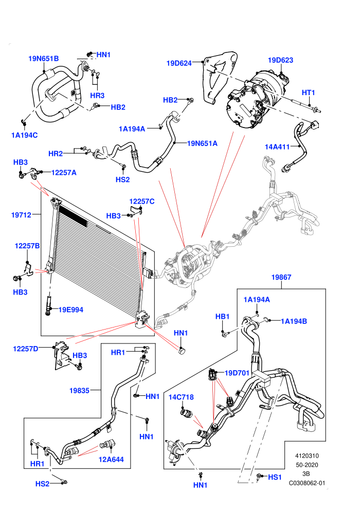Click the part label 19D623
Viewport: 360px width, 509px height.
pos(280,60)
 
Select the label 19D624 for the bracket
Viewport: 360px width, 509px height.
pos(179,63)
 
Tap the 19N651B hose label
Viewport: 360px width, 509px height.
pos(44,59)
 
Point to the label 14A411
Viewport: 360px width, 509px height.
pos(277,147)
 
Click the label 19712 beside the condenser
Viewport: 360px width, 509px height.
pos(22,214)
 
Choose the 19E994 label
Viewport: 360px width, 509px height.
pos(71,310)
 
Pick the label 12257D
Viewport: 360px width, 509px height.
pos(26,349)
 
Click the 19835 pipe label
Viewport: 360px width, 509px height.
pos(79,391)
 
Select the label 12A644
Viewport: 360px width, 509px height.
pos(111,459)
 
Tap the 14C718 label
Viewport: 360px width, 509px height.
pos(181,397)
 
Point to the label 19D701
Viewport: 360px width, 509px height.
pos(237,373)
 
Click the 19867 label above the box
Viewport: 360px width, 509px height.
pos(281,277)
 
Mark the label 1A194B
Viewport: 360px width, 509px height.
pos(294,321)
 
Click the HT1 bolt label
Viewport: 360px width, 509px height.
pos(309,93)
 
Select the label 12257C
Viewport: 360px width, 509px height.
pos(142,201)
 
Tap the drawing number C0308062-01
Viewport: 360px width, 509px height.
pos(307,483)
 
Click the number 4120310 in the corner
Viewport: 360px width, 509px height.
pos(307,456)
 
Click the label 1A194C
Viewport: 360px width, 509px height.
pos(24,135)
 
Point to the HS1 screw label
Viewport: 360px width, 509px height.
pos(275,477)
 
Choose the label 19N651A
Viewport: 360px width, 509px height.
pos(202,143)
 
